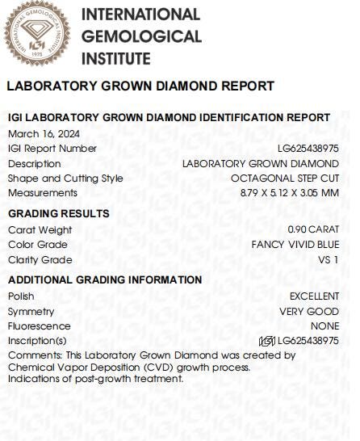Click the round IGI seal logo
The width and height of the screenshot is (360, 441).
[36, 35]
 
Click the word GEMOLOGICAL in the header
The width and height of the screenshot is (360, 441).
[142, 36]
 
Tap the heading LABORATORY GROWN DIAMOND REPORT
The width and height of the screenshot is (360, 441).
[140, 86]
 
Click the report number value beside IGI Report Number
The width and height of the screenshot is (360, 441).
[308, 149]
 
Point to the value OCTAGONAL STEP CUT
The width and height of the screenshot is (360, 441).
[284, 178]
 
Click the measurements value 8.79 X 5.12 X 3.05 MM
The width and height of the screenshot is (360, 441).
[289, 193]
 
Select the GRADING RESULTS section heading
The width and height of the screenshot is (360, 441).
[58, 213]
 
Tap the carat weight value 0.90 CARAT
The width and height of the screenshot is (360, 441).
[313, 229]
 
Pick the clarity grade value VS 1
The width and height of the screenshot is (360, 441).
[329, 260]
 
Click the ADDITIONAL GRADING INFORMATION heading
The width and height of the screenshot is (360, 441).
[105, 279]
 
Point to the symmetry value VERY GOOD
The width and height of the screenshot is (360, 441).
[309, 312]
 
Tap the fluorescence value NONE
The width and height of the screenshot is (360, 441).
[324, 326]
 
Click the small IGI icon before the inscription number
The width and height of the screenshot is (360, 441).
[266, 341]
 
